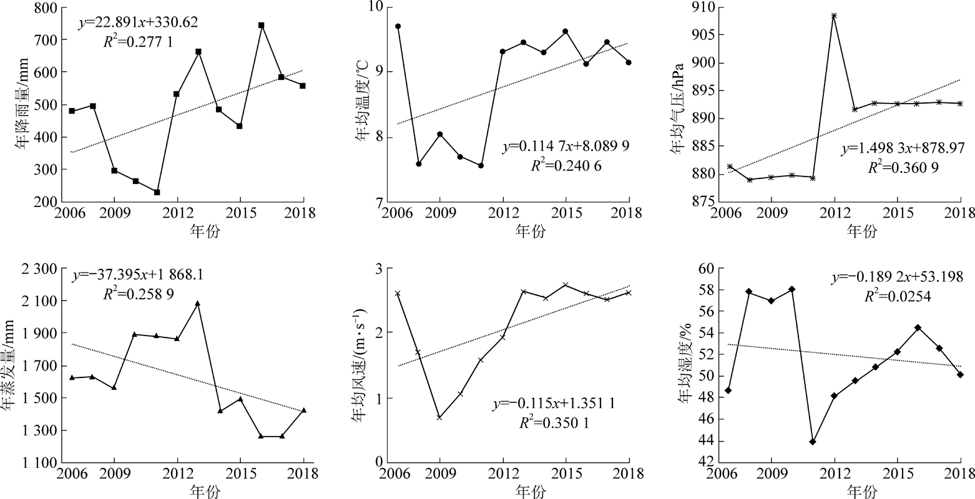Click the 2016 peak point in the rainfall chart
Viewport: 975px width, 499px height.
[x=261, y=26]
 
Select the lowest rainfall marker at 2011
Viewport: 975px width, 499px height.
[x=157, y=192]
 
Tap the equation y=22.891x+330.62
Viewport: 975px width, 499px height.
[x=138, y=23]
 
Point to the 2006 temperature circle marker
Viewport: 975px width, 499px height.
[x=398, y=26]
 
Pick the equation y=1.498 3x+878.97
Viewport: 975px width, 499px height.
[x=903, y=148]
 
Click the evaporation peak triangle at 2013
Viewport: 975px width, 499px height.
[x=198, y=303]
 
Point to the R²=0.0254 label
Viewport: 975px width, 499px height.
[x=898, y=297]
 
